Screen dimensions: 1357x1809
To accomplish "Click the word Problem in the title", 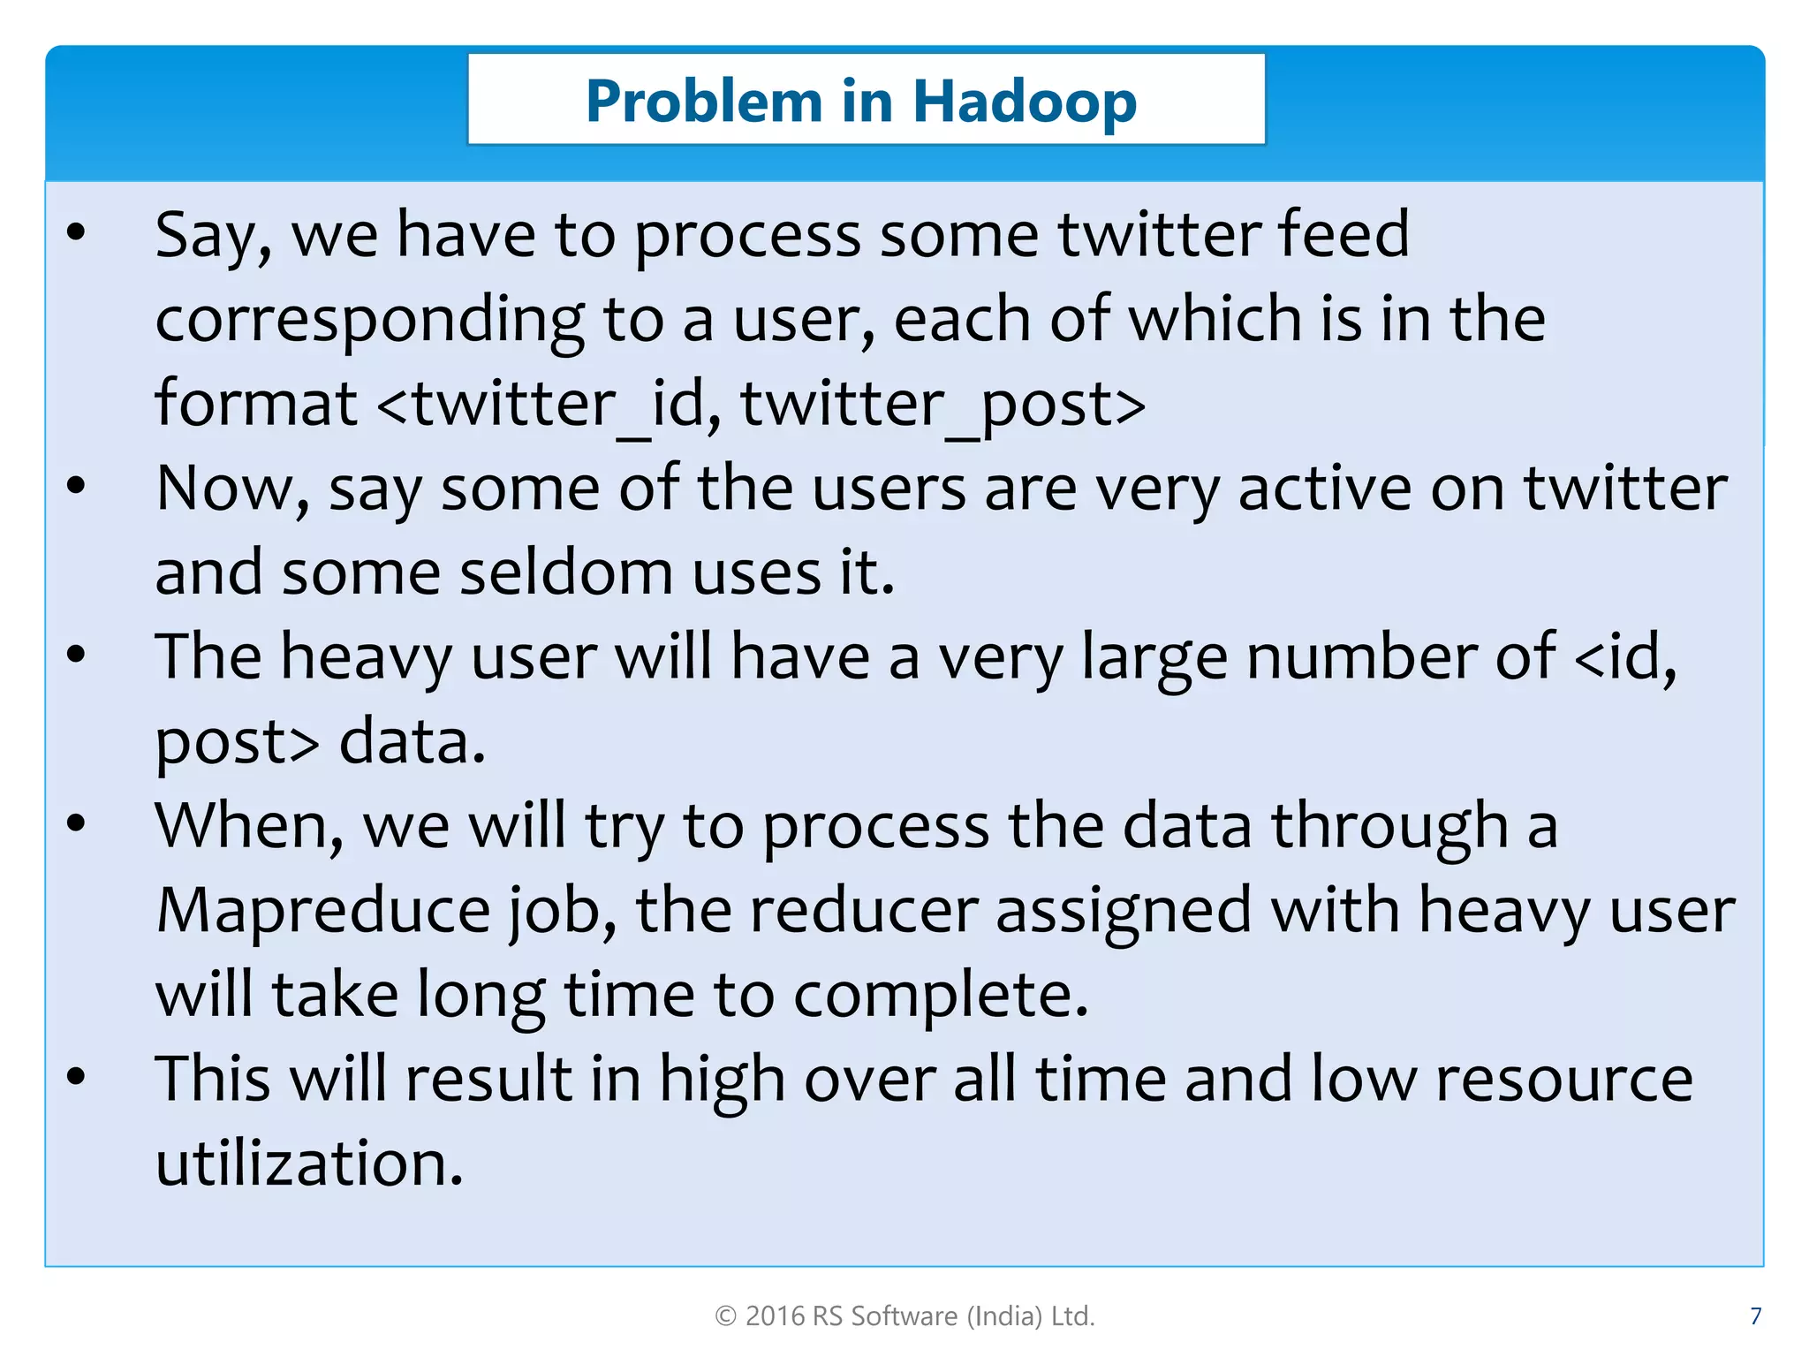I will click(x=704, y=102).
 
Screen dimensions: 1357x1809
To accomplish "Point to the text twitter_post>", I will click(x=943, y=405).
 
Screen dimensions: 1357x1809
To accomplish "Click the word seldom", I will click(x=566, y=573).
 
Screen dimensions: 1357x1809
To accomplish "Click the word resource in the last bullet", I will click(x=1563, y=1080).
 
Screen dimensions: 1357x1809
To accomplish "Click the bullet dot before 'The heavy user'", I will click(x=77, y=654).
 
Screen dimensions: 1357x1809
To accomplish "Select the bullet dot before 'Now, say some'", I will click(x=77, y=485).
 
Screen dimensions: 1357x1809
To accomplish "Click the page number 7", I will click(x=1755, y=1316).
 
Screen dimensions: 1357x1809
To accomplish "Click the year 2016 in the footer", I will click(x=775, y=1316).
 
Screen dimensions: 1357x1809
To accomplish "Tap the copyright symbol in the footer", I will click(x=725, y=1316).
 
